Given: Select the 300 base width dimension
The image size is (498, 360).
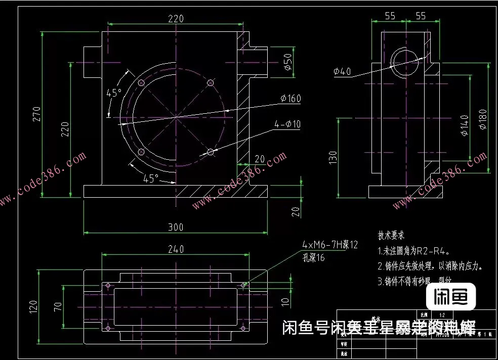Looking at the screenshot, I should (x=175, y=227).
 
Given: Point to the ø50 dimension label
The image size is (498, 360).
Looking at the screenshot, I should (x=287, y=61).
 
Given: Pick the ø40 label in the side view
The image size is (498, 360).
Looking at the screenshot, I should (x=342, y=72).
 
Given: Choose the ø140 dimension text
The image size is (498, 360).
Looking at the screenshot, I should (x=464, y=126).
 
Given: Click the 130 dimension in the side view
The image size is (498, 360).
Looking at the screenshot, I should (x=333, y=158).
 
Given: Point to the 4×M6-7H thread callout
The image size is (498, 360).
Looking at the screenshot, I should (x=329, y=245).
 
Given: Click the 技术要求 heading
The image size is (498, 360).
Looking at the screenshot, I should (x=391, y=236).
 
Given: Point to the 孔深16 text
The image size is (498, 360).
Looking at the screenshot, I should (x=313, y=258).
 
